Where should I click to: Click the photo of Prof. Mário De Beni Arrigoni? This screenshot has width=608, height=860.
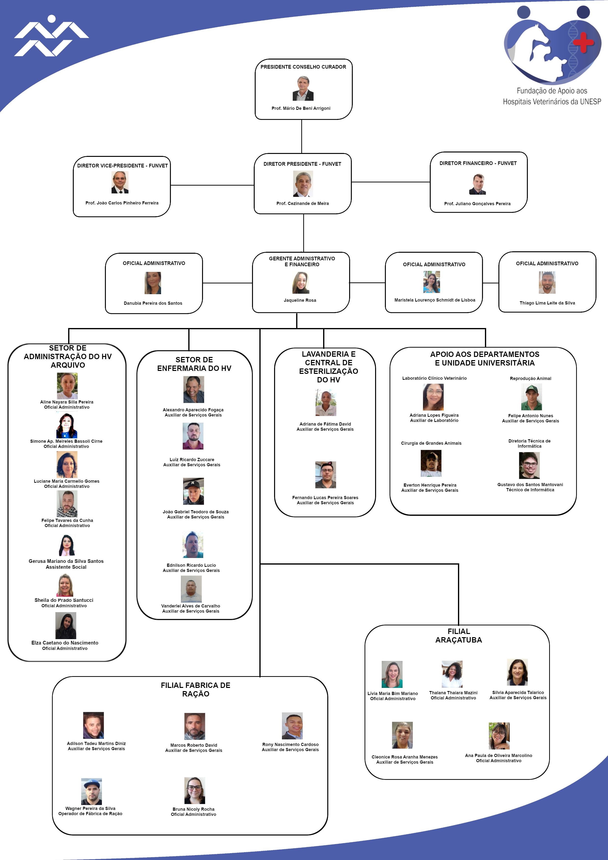click(x=303, y=89)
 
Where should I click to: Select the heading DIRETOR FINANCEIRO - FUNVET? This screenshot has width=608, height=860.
click(x=478, y=163)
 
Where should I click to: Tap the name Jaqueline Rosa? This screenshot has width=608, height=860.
click(x=300, y=300)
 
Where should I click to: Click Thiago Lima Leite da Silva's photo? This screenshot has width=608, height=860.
click(x=547, y=282)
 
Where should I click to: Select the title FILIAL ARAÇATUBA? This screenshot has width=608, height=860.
click(x=458, y=636)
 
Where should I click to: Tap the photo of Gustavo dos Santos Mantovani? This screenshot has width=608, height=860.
click(x=529, y=465)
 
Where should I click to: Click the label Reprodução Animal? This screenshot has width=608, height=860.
click(x=531, y=379)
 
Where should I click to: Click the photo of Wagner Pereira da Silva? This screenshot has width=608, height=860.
click(x=91, y=791)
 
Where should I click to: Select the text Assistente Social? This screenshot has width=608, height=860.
click(x=66, y=567)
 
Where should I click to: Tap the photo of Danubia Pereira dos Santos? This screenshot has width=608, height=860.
click(x=153, y=283)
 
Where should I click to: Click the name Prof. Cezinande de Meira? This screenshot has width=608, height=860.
click(x=303, y=203)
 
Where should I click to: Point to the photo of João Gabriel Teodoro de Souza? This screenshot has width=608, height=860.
click(x=193, y=491)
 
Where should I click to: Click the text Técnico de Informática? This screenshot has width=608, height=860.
click(x=530, y=490)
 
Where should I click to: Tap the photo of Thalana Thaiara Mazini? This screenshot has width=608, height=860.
click(x=452, y=674)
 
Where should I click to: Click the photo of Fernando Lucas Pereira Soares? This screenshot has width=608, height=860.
click(x=326, y=475)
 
